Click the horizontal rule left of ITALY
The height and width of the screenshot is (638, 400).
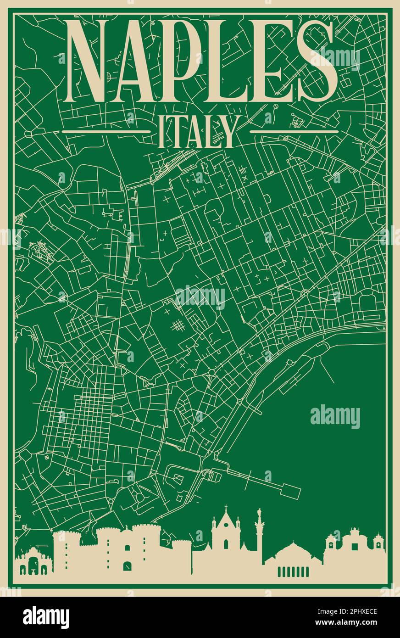click(106, 131)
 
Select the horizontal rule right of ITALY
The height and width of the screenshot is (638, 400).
click(294, 131)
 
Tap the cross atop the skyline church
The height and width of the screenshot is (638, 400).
click(226, 508)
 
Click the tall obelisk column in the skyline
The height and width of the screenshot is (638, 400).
click(259, 532)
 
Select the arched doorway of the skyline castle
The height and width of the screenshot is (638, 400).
click(127, 566)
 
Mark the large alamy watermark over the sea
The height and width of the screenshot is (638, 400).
click(335, 417)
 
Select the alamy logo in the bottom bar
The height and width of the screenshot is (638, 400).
click(46, 617)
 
